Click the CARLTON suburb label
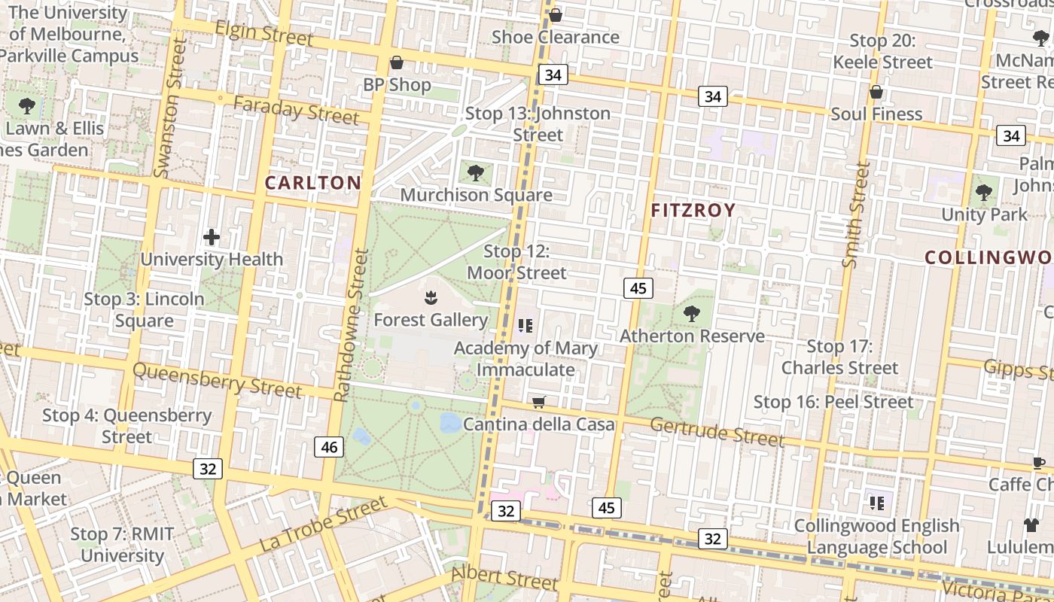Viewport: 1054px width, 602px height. point(313,183)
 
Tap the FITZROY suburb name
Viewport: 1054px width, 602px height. point(693,211)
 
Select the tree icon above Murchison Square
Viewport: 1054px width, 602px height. point(475,174)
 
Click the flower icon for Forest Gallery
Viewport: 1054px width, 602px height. point(431,298)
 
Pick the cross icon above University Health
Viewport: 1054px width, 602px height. point(212,238)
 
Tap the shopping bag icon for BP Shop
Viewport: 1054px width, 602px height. point(397,62)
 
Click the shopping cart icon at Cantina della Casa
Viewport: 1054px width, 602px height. point(538,403)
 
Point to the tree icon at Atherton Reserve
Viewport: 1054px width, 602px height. point(691,314)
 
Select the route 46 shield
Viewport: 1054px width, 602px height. point(329,448)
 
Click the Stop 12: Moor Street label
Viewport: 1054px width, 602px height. point(516,262)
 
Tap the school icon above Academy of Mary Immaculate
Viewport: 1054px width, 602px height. point(525,326)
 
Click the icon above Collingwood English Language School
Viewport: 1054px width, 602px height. point(876,503)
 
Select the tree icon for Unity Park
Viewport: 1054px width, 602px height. point(983,193)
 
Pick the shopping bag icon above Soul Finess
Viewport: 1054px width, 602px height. point(876,92)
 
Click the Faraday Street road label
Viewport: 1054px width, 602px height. point(296,111)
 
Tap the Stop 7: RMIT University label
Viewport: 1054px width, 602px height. point(122,545)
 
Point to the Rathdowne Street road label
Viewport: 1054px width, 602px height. point(352,326)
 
